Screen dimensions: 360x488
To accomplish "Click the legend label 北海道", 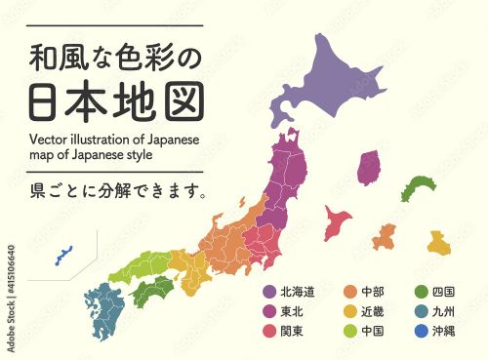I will point(298,292).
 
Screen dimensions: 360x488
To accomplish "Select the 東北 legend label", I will point(292,311).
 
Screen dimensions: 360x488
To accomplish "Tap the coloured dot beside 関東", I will point(269,331).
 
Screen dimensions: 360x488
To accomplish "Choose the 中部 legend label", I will point(372,292).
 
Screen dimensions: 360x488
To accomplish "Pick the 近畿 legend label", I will point(372,311).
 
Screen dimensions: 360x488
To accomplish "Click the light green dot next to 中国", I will point(349,331).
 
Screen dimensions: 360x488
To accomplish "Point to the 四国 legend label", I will point(447,292).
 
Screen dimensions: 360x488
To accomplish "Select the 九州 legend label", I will point(447,311).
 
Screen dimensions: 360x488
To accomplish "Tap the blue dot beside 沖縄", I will point(423,331).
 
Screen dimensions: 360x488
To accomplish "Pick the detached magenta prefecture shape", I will point(368,168).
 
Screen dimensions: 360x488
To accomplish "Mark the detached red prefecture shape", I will point(338,221).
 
